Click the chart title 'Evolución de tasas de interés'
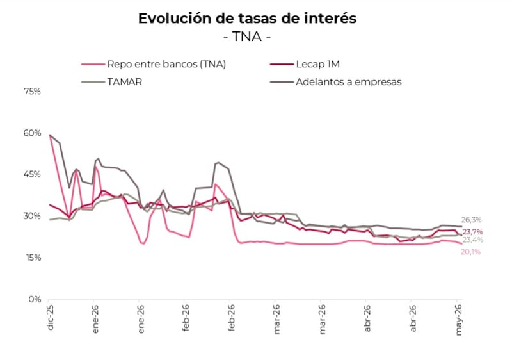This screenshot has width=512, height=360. tap(247, 19)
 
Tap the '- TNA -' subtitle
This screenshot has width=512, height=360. tap(247, 37)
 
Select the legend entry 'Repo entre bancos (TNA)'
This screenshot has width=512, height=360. tap(154, 64)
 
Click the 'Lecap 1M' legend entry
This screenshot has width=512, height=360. tap(305, 64)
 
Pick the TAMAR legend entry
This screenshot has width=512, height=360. tap(111, 81)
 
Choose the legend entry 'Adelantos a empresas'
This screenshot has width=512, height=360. tap(335, 81)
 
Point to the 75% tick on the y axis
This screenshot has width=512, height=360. tap(32, 91)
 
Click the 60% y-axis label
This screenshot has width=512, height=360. tap(32, 133)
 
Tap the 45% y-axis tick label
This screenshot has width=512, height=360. tap(32, 174)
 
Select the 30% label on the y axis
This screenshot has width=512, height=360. tap(32, 216)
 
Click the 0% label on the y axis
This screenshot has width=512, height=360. tap(35, 299)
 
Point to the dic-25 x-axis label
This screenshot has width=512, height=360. tap(50, 317)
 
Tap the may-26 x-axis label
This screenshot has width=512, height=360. tap(459, 320)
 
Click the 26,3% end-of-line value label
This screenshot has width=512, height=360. tap(471, 220)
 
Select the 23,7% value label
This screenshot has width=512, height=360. tap(472, 232)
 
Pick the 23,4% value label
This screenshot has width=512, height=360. tap(473, 240)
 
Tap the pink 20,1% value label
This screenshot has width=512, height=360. tap(470, 252)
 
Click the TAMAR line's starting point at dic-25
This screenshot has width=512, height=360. tap(49, 220)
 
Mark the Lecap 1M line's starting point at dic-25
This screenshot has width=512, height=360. tap(49, 205)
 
